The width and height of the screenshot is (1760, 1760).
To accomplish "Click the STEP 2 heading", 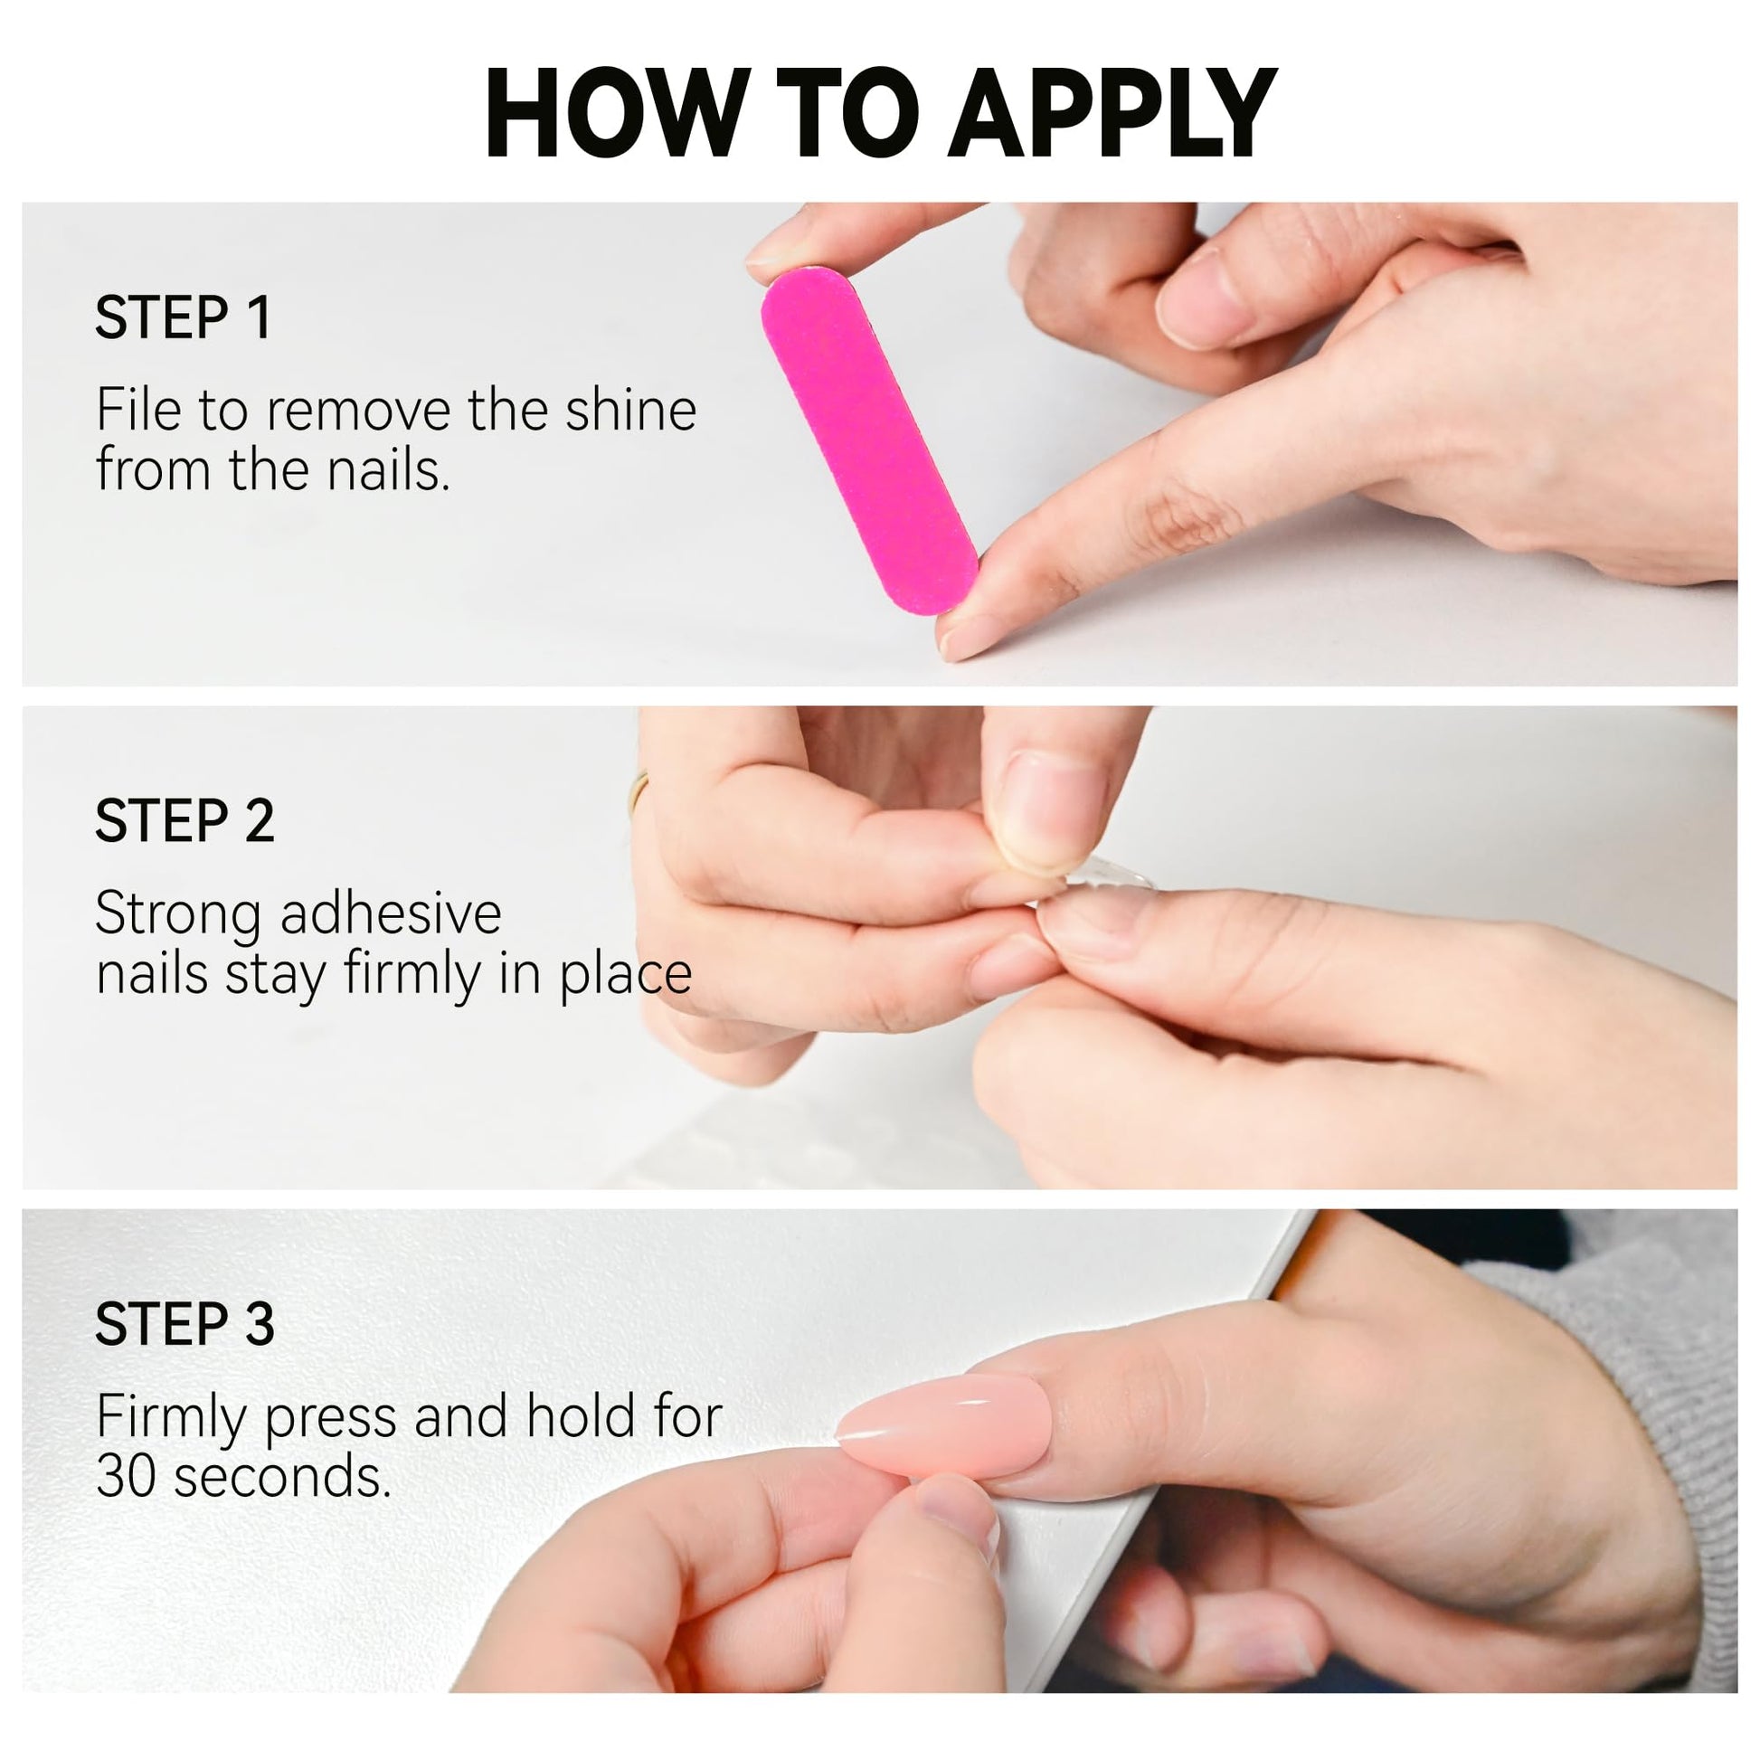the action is point(184,821).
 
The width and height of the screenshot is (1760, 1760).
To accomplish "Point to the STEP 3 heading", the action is point(184,1325).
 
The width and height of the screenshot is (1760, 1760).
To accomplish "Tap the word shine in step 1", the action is point(631,410).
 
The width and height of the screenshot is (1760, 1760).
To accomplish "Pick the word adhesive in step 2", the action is point(391,913).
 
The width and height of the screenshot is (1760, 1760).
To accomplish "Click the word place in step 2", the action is point(626,977).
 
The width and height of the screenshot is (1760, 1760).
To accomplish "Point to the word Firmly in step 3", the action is point(172,1419).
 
